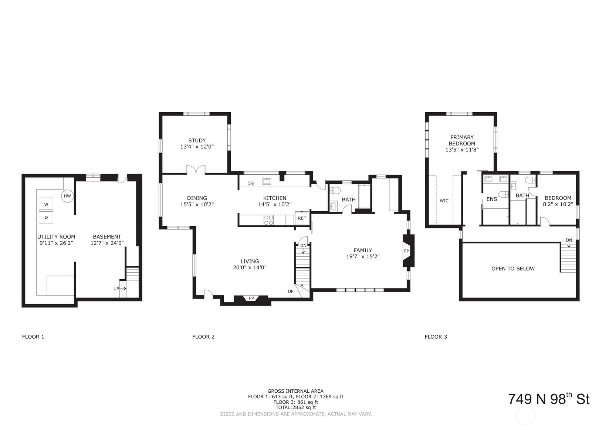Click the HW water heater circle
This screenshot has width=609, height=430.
tap(67, 196)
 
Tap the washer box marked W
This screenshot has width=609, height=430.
tap(46, 204)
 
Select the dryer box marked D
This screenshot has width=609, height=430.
tap(46, 217)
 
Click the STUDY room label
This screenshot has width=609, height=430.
tap(197, 140)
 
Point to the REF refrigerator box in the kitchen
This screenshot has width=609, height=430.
tap(302, 218)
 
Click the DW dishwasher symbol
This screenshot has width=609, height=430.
tap(251, 184)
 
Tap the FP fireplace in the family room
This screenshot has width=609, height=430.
tap(407, 251)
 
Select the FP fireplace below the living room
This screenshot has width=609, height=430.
tap(251, 298)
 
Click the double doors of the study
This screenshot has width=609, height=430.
tap(196, 170)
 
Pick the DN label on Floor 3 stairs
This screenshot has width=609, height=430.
tap(569, 240)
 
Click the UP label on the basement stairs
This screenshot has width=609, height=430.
tap(116, 289)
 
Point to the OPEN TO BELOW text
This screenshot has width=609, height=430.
tap(513, 269)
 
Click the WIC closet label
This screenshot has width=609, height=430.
tap(444, 201)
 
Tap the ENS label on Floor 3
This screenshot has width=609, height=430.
tap(491, 199)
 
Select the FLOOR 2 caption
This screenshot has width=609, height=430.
tap(203, 337)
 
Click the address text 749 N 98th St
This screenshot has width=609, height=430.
tap(548, 399)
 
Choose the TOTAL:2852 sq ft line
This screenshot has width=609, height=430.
tap(295, 407)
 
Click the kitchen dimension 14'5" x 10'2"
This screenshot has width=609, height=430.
tap(275, 204)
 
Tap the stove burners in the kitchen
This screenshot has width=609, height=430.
tap(269, 220)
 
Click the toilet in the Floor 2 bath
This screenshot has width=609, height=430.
tap(335, 191)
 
